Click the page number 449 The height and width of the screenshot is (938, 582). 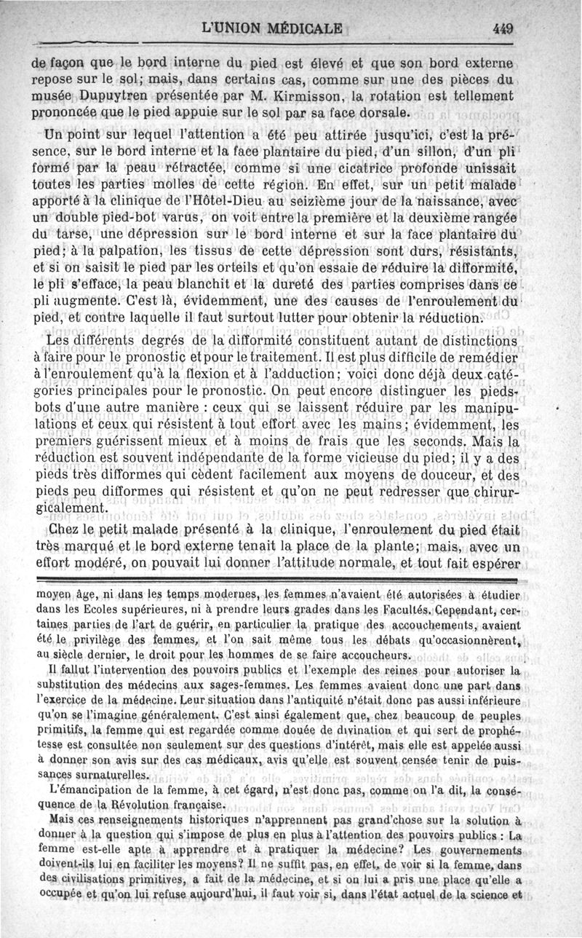503,30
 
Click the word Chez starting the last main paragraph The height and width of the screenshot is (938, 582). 63,529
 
